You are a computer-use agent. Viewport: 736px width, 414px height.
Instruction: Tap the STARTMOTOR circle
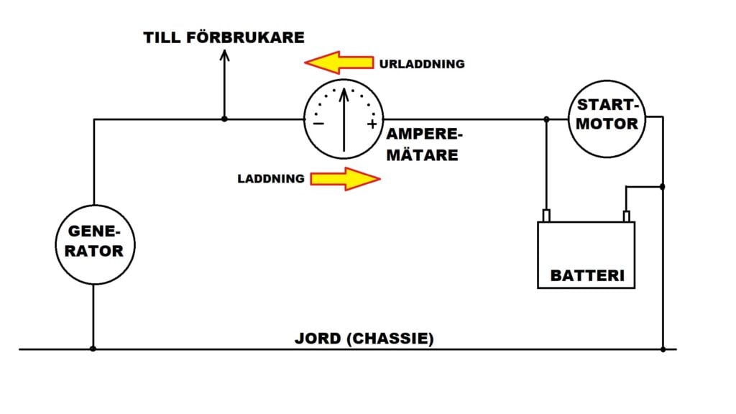point(607,119)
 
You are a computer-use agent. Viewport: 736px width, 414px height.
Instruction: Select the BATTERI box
point(586,255)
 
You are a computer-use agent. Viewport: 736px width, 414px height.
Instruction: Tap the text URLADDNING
point(421,64)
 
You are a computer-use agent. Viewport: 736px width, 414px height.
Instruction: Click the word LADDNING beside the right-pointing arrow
point(271,178)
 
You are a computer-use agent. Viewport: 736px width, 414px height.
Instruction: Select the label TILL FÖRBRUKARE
point(224,37)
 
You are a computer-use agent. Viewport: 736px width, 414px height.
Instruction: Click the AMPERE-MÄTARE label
point(423,144)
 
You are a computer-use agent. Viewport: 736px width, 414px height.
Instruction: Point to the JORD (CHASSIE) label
point(364,339)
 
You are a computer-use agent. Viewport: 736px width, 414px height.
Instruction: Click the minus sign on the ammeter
point(318,124)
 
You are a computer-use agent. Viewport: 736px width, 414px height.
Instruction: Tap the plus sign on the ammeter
point(372,124)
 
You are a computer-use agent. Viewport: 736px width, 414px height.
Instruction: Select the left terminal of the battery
point(546,216)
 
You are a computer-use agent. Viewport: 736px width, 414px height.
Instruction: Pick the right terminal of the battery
point(626,216)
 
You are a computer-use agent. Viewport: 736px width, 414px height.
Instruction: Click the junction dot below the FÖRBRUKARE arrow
point(224,119)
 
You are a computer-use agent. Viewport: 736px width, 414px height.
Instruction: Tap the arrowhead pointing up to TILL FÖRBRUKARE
point(224,57)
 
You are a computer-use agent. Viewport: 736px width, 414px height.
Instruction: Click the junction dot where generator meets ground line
point(94,349)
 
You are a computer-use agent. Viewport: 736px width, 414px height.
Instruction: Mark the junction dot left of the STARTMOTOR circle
point(547,119)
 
